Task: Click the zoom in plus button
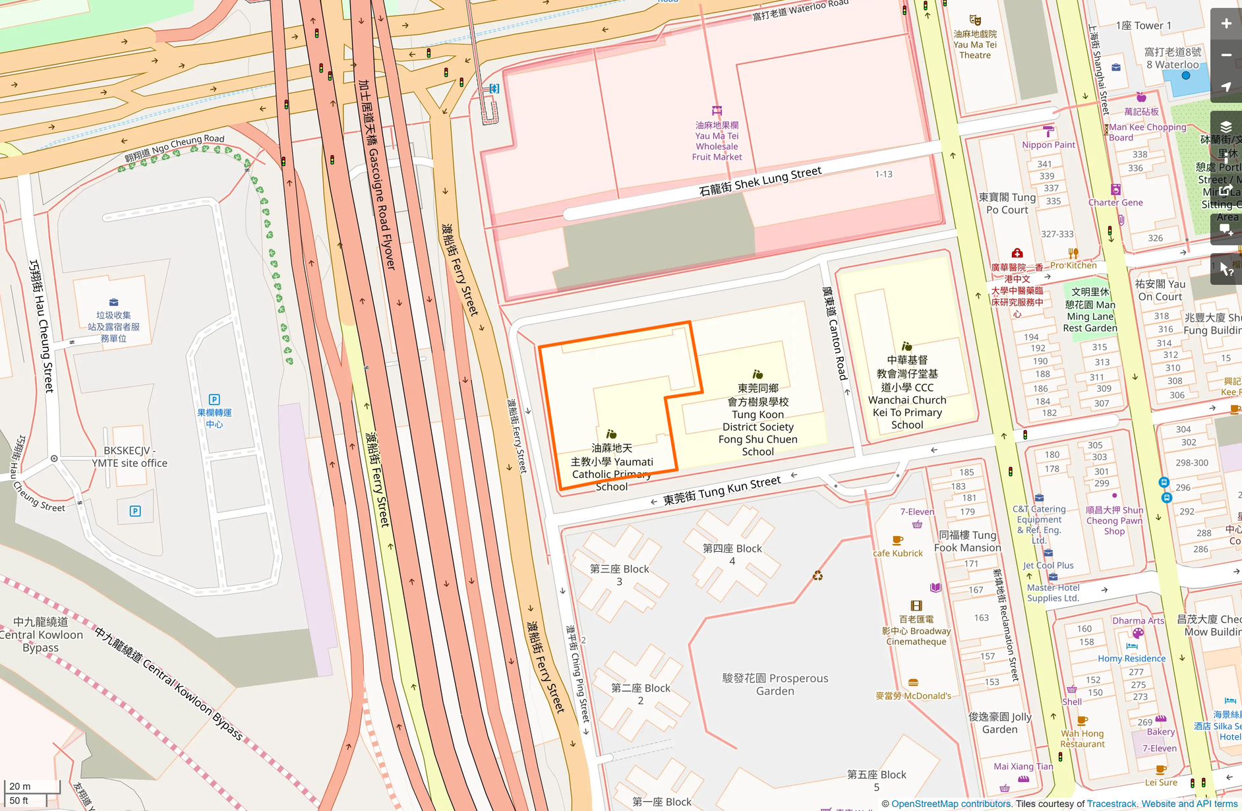(1226, 24)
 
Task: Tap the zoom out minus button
(1226, 55)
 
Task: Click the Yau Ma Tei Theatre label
(974, 44)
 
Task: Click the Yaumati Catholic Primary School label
(612, 467)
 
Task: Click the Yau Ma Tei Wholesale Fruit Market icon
(717, 111)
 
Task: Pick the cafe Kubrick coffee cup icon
(897, 540)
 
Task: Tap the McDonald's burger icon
(913, 682)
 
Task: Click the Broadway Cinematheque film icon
(916, 605)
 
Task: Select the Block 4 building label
(732, 555)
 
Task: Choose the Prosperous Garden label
(775, 684)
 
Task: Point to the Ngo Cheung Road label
(175, 148)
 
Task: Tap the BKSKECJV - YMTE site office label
(129, 457)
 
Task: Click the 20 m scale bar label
(20, 786)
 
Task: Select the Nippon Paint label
(1048, 144)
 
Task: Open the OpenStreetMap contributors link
(951, 804)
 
